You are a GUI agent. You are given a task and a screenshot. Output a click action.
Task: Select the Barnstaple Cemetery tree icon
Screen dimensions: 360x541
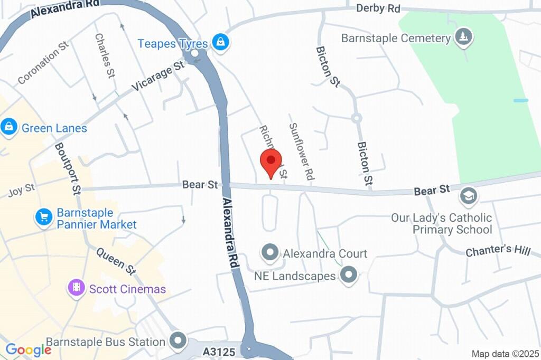pos(464,37)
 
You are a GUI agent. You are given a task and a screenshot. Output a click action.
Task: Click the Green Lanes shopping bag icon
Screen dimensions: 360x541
pos(9,127)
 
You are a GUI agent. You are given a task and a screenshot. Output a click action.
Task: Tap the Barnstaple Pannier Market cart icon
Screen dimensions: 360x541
pos(43,216)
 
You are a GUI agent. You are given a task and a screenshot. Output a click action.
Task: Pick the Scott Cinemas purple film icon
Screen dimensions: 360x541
pos(77,288)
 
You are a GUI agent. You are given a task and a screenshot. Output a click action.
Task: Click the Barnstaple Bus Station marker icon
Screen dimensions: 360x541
pos(179,340)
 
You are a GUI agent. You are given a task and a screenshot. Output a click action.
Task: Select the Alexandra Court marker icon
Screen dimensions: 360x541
pos(270,253)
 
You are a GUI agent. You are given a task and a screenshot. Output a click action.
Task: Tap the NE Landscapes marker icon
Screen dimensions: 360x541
pos(348,274)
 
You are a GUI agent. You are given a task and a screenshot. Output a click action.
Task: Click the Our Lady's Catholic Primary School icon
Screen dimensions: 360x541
pos(468,196)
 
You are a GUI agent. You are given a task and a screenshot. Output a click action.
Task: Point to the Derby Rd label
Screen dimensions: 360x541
pos(378,8)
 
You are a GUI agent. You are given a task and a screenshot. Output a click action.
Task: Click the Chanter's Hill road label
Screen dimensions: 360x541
pos(497,250)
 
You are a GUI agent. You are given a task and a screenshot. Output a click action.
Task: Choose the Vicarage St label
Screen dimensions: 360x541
pos(158,76)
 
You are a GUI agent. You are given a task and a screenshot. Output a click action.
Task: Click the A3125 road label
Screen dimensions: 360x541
pos(219,351)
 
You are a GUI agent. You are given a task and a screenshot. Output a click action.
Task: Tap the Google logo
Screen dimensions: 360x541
pos(28,349)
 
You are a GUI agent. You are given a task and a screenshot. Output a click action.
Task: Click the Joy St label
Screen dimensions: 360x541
pos(22,190)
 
